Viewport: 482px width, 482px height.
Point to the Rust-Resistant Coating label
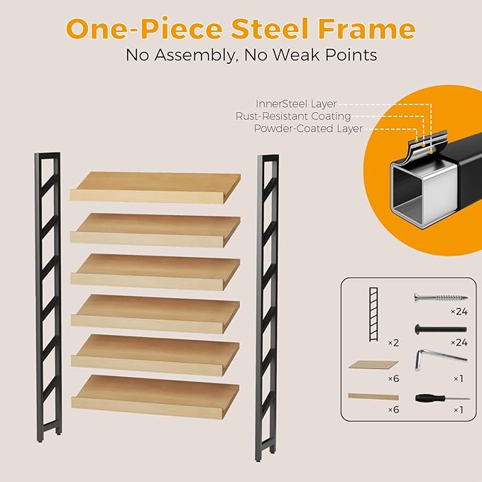coord(293,116)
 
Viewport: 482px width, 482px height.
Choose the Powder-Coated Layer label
coord(308,128)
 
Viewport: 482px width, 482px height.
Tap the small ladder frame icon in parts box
coord(373,312)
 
